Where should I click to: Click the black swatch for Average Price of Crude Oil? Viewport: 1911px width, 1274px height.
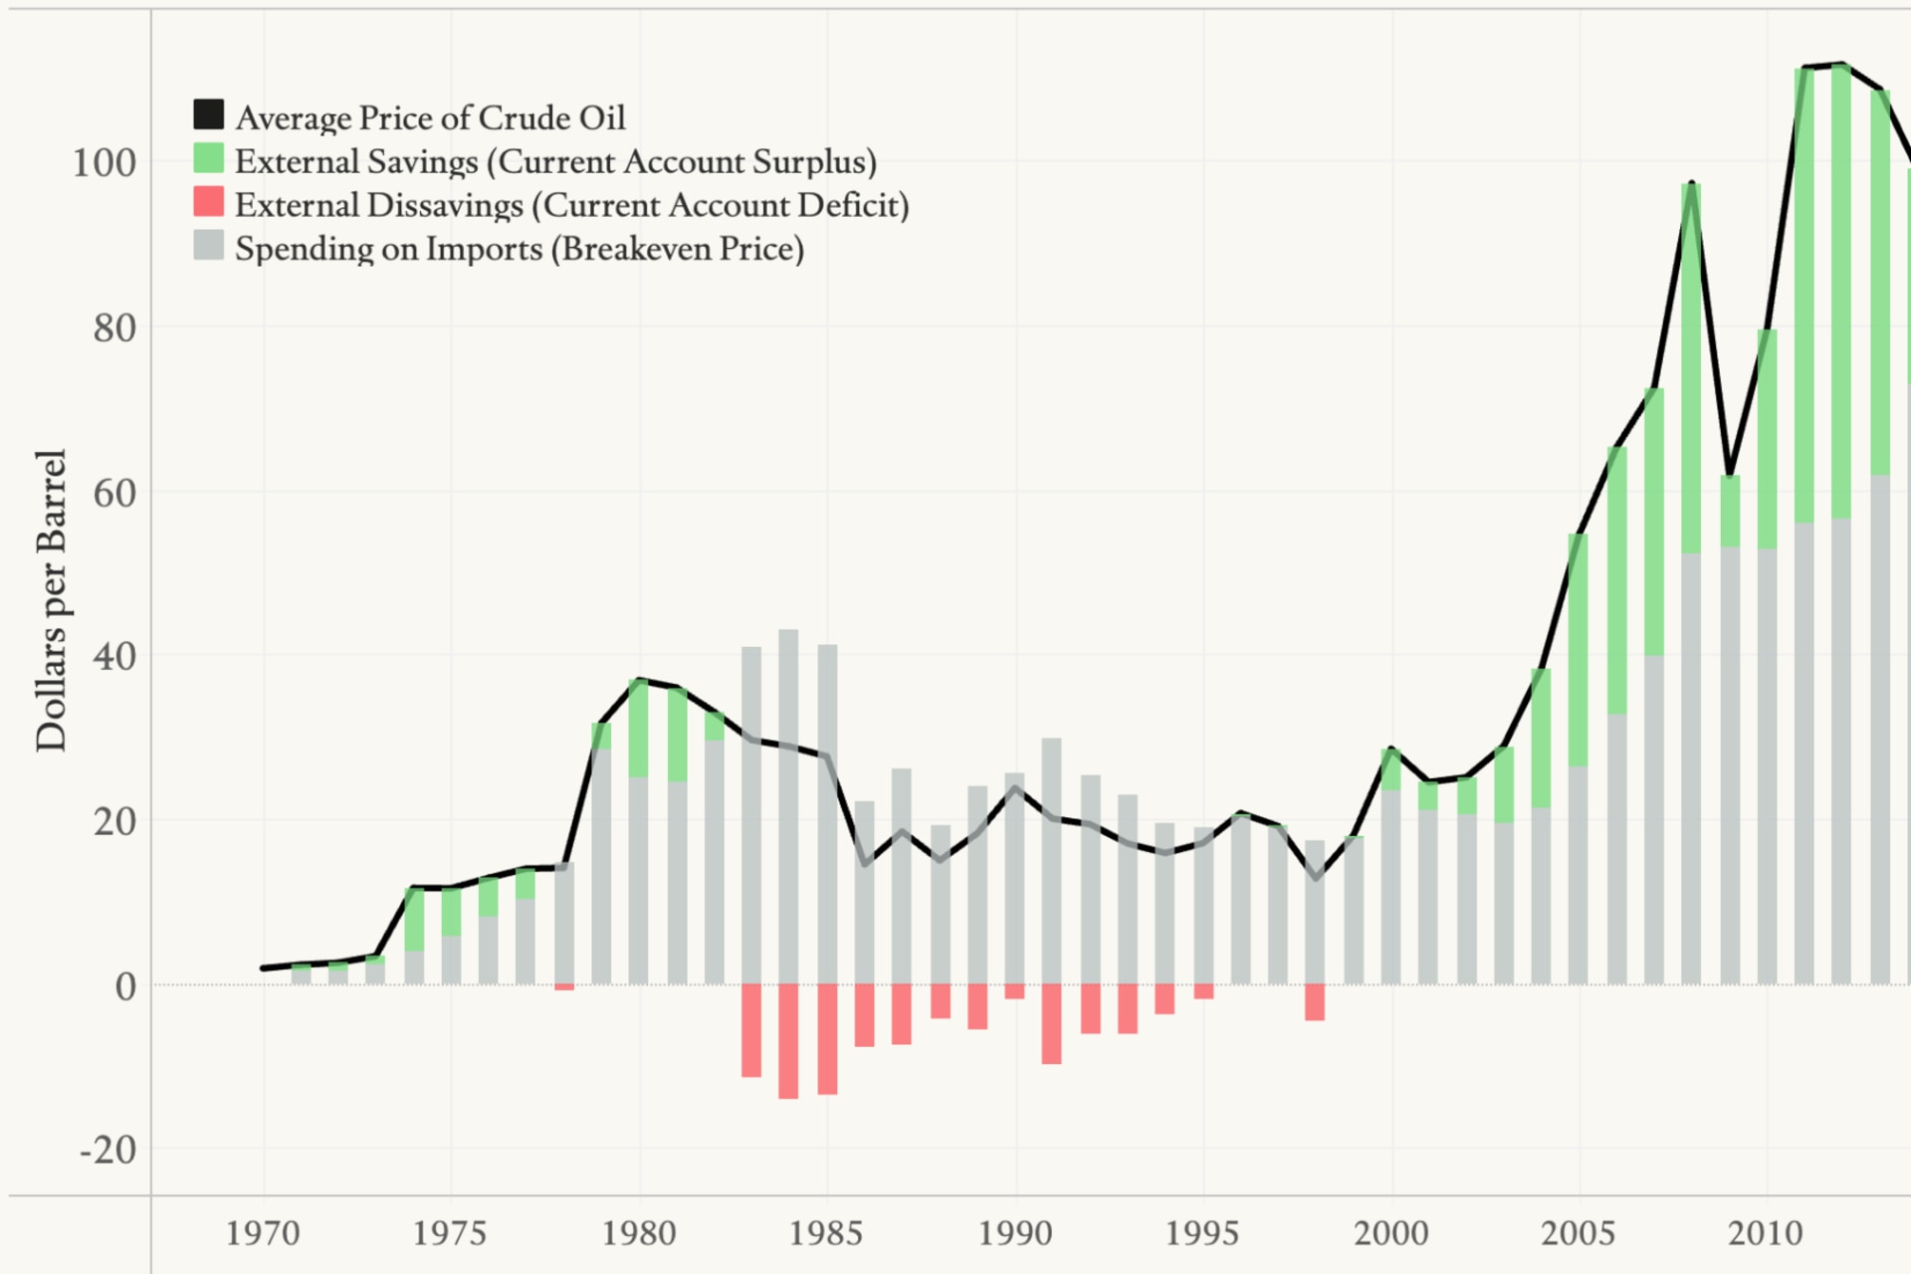208,114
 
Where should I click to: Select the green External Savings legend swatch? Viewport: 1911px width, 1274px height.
208,158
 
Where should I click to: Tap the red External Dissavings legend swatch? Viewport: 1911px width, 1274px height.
208,202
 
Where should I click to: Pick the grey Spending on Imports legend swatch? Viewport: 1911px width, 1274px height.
208,246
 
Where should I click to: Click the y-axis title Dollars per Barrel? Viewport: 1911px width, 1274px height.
51,600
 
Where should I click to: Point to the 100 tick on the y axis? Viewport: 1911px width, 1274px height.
104,163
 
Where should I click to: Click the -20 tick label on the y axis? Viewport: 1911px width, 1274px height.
108,1151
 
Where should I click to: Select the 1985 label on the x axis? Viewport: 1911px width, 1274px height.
825,1234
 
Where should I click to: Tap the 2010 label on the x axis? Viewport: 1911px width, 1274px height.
1765,1234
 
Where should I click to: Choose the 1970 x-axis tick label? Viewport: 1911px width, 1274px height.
263,1234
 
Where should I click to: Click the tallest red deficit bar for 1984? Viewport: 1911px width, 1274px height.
788,1041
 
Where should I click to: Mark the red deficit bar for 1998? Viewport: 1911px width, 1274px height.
1314,1002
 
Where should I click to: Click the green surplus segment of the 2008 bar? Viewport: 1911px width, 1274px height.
1691,368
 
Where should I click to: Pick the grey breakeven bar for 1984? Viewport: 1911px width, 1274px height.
788,806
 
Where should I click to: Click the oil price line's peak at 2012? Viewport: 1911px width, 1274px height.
1843,65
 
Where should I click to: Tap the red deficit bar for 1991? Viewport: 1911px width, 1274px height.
1051,1024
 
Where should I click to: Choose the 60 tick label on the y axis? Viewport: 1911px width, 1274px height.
113,493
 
